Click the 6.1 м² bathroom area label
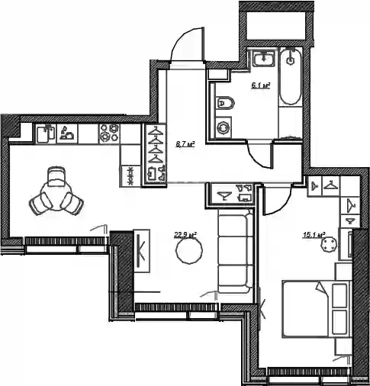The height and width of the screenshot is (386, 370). tap(260, 85)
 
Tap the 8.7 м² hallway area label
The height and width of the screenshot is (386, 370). tap(185, 144)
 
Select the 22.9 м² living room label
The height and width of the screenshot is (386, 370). tap(185, 235)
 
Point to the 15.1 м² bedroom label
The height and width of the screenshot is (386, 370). tap(314, 235)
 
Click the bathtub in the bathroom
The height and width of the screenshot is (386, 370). tap(291, 76)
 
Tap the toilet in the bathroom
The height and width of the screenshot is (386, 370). tap(224, 103)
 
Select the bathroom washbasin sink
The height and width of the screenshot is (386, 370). tap(264, 59)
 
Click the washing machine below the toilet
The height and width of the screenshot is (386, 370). tap(224, 127)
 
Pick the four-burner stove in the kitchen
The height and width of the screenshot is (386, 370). tap(110, 133)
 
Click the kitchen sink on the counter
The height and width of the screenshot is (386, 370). tap(47, 134)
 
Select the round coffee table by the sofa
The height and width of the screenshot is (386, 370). tap(189, 250)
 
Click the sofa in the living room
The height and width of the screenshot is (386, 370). tap(235, 251)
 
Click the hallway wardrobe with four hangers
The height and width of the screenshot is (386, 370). tap(156, 155)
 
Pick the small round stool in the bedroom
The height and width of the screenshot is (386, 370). tap(329, 245)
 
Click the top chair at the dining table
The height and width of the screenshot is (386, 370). tap(56, 175)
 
